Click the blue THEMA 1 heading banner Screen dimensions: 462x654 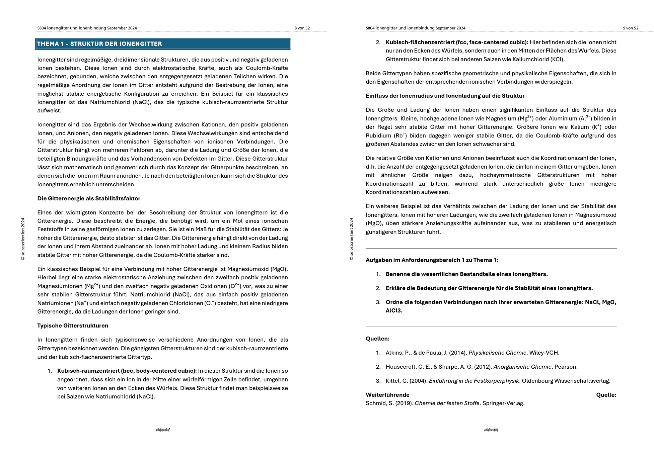pos(162,44)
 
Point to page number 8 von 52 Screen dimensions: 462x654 pos(302,28)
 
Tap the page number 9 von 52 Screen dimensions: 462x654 pos(630,28)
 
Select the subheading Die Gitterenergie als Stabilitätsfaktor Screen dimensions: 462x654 pos(89,198)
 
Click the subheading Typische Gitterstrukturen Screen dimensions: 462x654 pos(73,326)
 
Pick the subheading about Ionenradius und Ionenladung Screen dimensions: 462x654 pos(445,96)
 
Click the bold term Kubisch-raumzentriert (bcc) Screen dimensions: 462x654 pos(127,371)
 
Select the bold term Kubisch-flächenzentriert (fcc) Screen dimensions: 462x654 pos(457,42)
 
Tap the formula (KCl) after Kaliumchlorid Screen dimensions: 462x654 pos(557,59)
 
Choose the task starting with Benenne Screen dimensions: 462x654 pos(466,274)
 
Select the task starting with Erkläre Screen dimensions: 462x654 pos(489,288)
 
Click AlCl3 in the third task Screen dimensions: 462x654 pos(394,310)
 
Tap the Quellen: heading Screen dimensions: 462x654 pos(377,339)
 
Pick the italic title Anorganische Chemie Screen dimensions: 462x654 pos(522,367)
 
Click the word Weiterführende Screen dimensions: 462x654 pos(387,395)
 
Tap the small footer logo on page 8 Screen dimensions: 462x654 pos(163,430)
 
